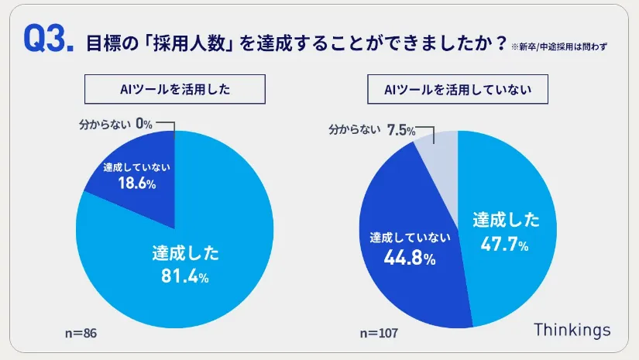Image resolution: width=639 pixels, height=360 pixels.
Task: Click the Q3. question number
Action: (x=49, y=40)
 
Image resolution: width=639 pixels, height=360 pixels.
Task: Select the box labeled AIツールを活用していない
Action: (x=458, y=90)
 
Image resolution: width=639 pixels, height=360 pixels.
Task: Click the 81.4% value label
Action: (x=185, y=275)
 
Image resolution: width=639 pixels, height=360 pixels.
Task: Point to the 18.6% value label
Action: (x=136, y=183)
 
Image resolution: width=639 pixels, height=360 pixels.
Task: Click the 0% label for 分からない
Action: (x=144, y=122)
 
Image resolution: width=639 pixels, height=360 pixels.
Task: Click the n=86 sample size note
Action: (x=81, y=333)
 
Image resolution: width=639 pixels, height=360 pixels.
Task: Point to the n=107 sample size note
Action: (x=379, y=333)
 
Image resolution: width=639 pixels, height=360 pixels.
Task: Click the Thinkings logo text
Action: (x=572, y=329)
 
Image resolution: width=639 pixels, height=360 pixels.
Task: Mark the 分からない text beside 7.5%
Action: (x=357, y=130)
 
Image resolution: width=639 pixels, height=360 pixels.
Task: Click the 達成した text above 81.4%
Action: (x=185, y=252)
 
